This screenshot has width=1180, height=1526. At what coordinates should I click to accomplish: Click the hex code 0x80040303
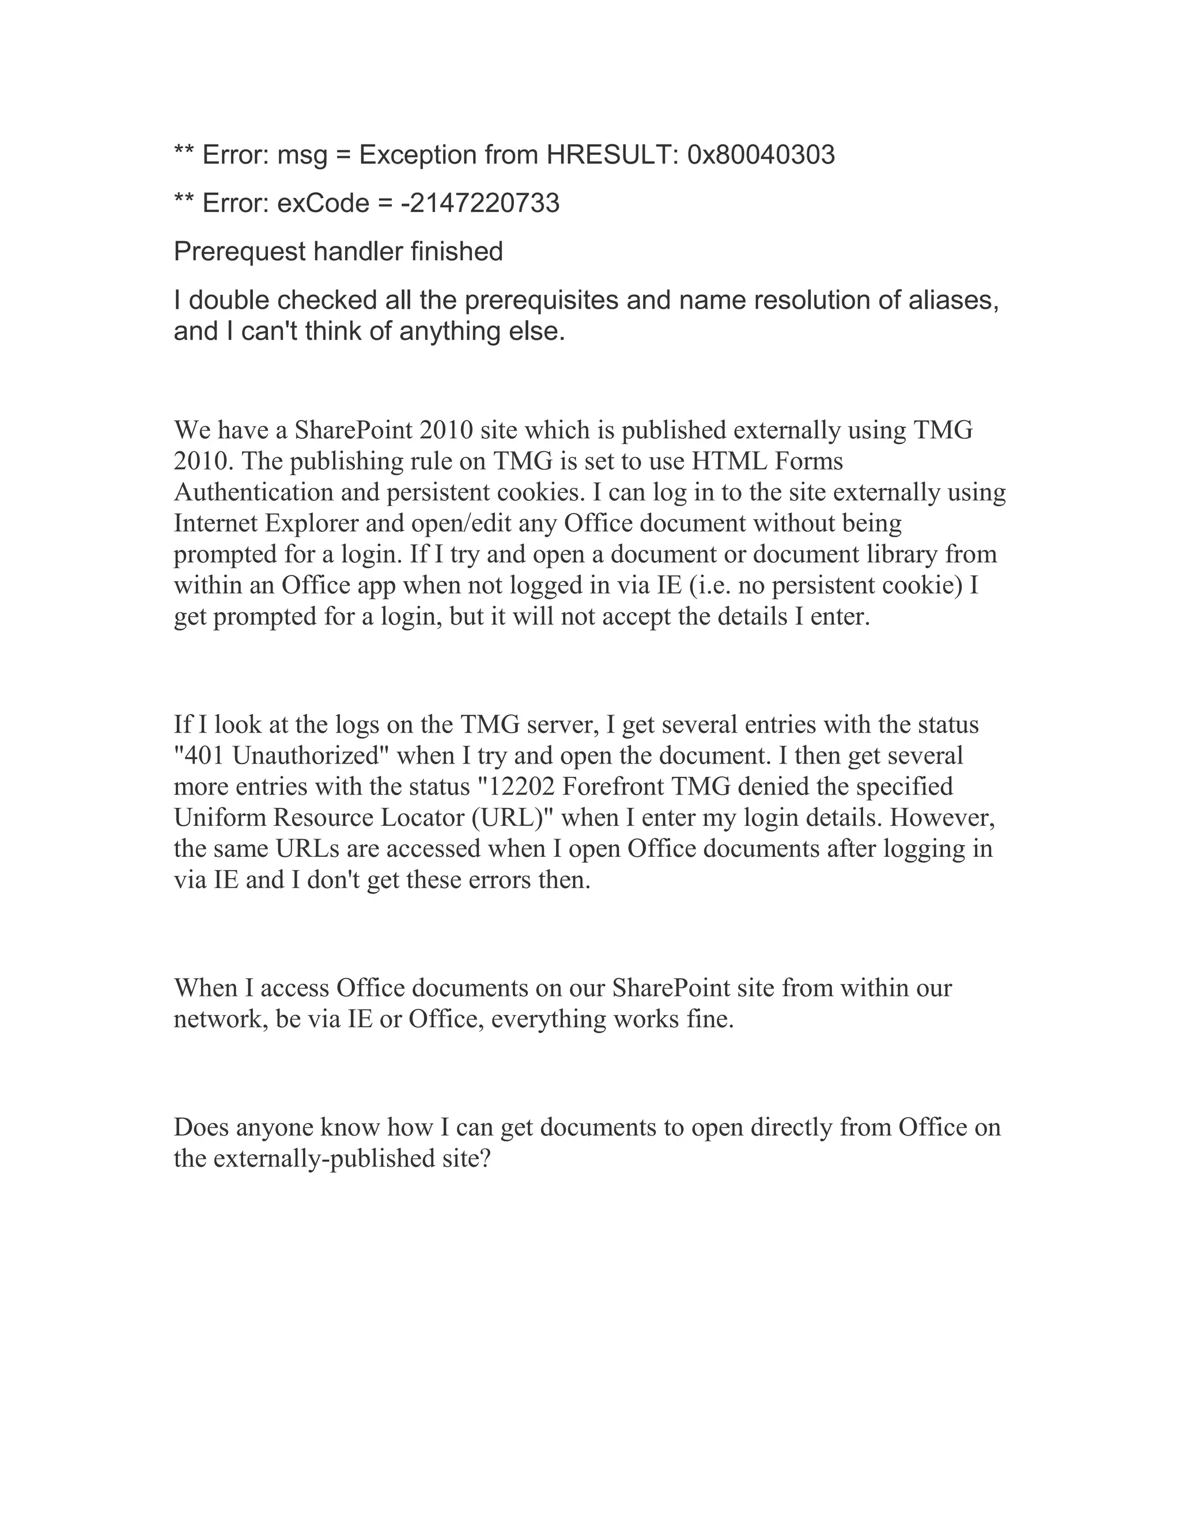(x=761, y=154)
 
